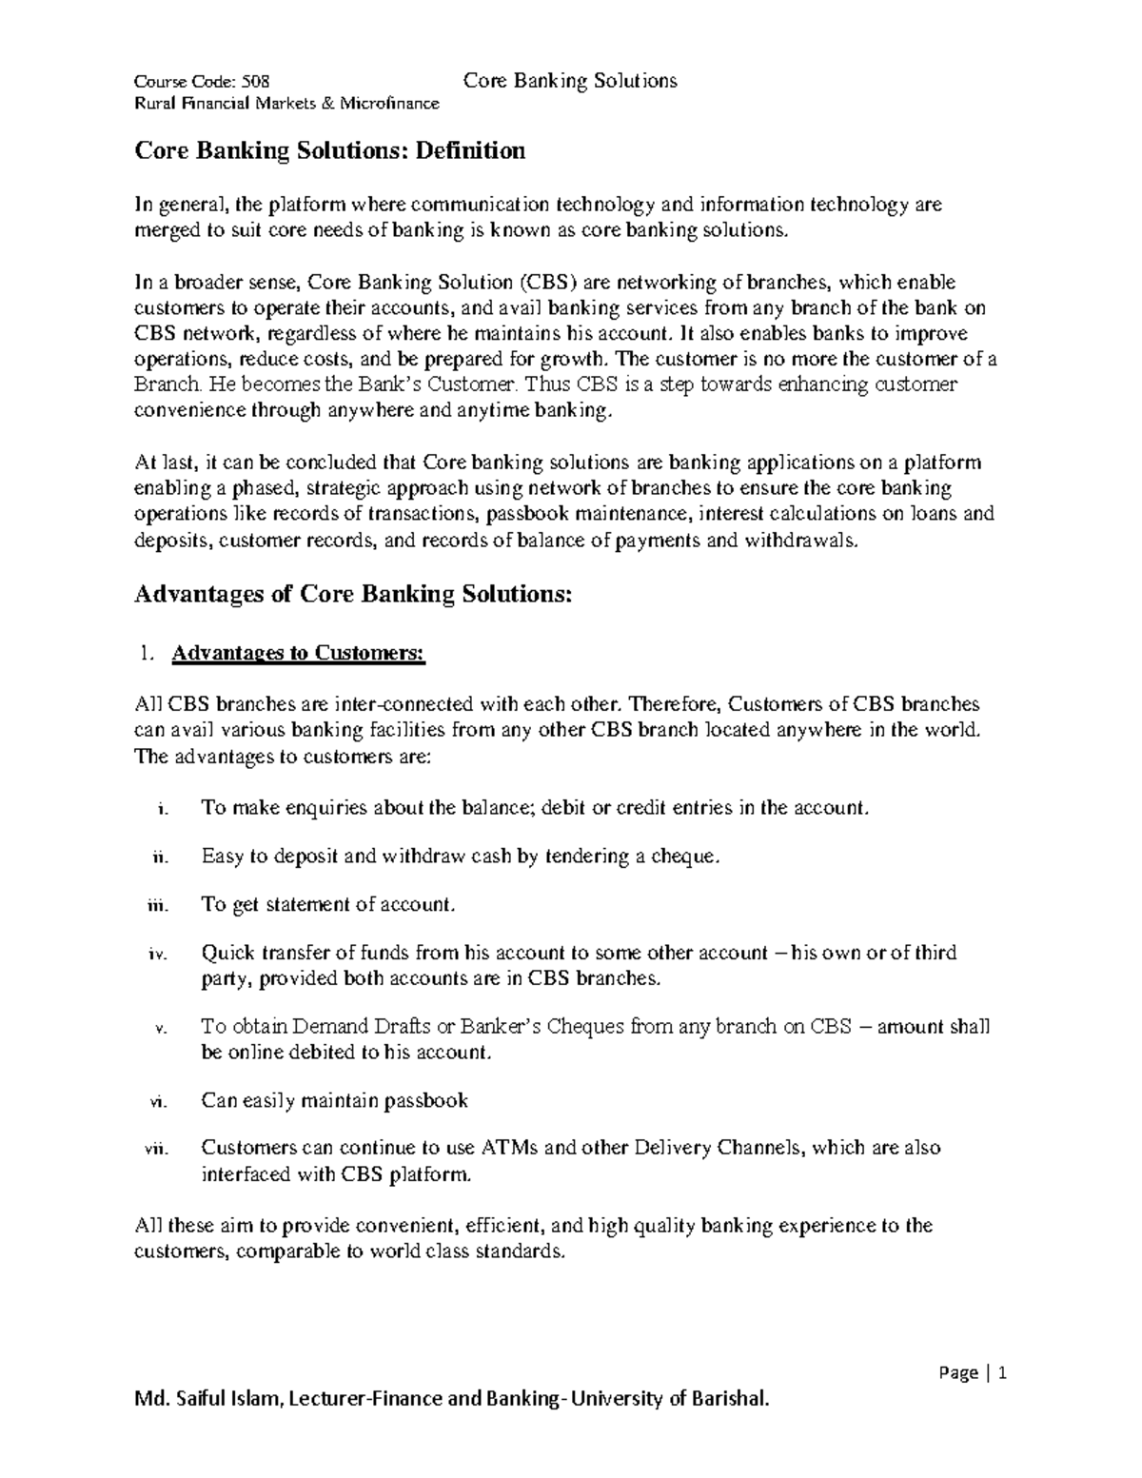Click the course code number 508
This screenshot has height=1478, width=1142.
click(256, 82)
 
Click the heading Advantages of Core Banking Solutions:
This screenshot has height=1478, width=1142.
click(354, 594)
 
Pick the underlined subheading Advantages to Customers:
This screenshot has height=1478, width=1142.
click(299, 653)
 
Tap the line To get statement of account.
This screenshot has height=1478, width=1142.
click(328, 905)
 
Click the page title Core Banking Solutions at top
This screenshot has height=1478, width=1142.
click(570, 81)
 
